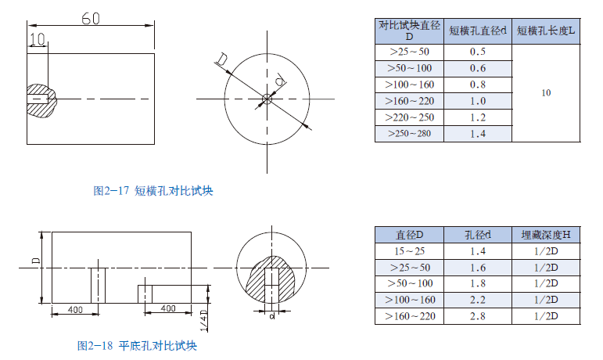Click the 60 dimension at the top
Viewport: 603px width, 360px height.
[90, 19]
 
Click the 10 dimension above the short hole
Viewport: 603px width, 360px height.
[37, 39]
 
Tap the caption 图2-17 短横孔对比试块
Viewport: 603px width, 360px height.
[153, 191]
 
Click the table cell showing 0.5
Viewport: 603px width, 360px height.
[478, 52]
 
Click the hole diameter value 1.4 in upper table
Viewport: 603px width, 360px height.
[478, 134]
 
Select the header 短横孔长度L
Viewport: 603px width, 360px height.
[546, 31]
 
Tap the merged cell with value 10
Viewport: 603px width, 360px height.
[546, 93]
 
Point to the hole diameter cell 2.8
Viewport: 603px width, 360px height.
[478, 316]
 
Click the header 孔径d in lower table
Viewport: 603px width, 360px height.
[478, 235]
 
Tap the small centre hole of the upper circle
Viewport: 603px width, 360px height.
[267, 99]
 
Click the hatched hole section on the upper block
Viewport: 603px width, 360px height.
[39, 99]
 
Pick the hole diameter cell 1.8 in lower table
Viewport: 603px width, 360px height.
[478, 283]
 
